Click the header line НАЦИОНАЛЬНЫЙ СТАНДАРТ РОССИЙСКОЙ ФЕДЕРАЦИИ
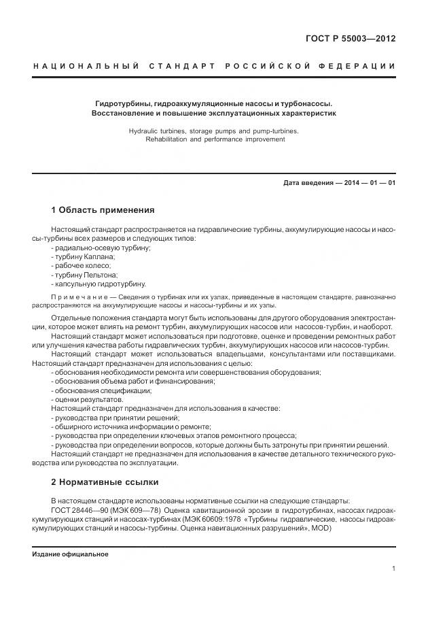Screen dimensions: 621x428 tap(214, 66)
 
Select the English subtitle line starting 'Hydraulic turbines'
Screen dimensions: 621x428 tap(214, 130)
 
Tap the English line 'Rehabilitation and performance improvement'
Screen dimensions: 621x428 tap(214, 139)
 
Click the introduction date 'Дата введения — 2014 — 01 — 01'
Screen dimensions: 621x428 tap(339, 183)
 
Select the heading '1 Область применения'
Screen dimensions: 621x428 tap(103, 209)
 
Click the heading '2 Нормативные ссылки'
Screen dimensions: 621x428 tap(105, 482)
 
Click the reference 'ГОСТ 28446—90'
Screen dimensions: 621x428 tap(78, 510)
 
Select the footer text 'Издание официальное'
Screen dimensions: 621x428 tap(70, 554)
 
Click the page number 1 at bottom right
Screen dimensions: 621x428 tap(393, 569)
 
